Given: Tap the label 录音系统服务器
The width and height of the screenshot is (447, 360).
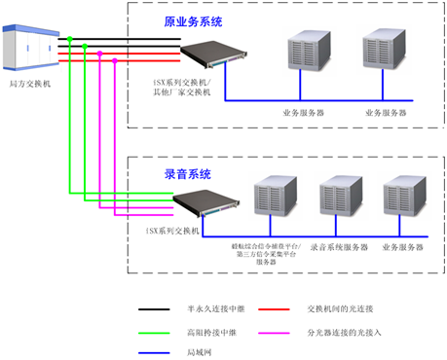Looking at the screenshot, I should (x=340, y=248).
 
